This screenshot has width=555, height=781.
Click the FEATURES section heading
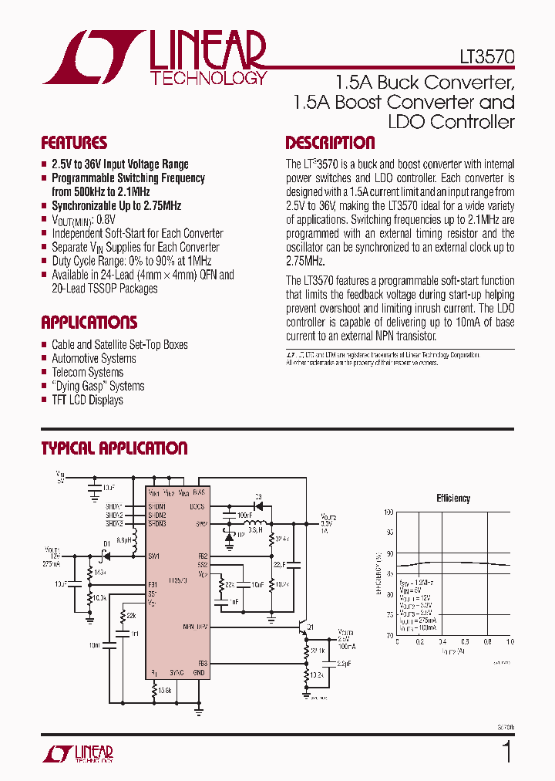(x=74, y=143)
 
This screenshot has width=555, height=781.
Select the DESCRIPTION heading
(x=330, y=143)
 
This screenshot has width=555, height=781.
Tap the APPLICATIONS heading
(x=89, y=323)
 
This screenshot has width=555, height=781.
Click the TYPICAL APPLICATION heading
(x=114, y=448)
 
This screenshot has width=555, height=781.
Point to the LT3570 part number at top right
(x=487, y=57)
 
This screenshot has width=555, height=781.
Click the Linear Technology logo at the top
(x=154, y=57)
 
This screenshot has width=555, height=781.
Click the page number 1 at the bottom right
(x=506, y=752)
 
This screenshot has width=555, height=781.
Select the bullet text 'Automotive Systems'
(x=93, y=358)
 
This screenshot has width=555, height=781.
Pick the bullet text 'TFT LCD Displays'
(x=87, y=400)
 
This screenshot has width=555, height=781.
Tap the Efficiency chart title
(x=453, y=499)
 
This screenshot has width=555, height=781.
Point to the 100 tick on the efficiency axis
(x=388, y=512)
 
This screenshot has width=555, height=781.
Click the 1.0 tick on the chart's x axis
(x=510, y=641)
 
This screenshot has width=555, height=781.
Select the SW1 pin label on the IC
(x=154, y=556)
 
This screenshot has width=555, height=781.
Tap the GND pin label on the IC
(x=199, y=673)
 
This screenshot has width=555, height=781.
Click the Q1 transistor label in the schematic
(x=311, y=627)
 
